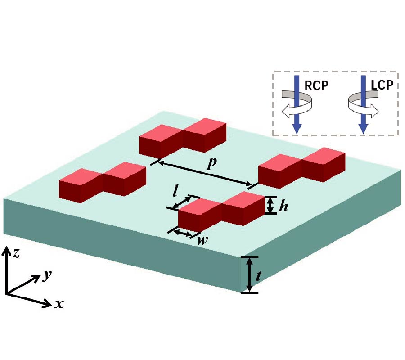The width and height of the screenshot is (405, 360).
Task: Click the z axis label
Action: [16, 253]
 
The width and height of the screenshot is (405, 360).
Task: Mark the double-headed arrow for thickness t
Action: [249, 275]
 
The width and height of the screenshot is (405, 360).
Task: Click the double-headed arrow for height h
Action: [270, 205]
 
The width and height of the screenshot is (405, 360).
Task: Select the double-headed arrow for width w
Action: [182, 233]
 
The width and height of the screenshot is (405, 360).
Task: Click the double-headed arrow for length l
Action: [183, 202]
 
